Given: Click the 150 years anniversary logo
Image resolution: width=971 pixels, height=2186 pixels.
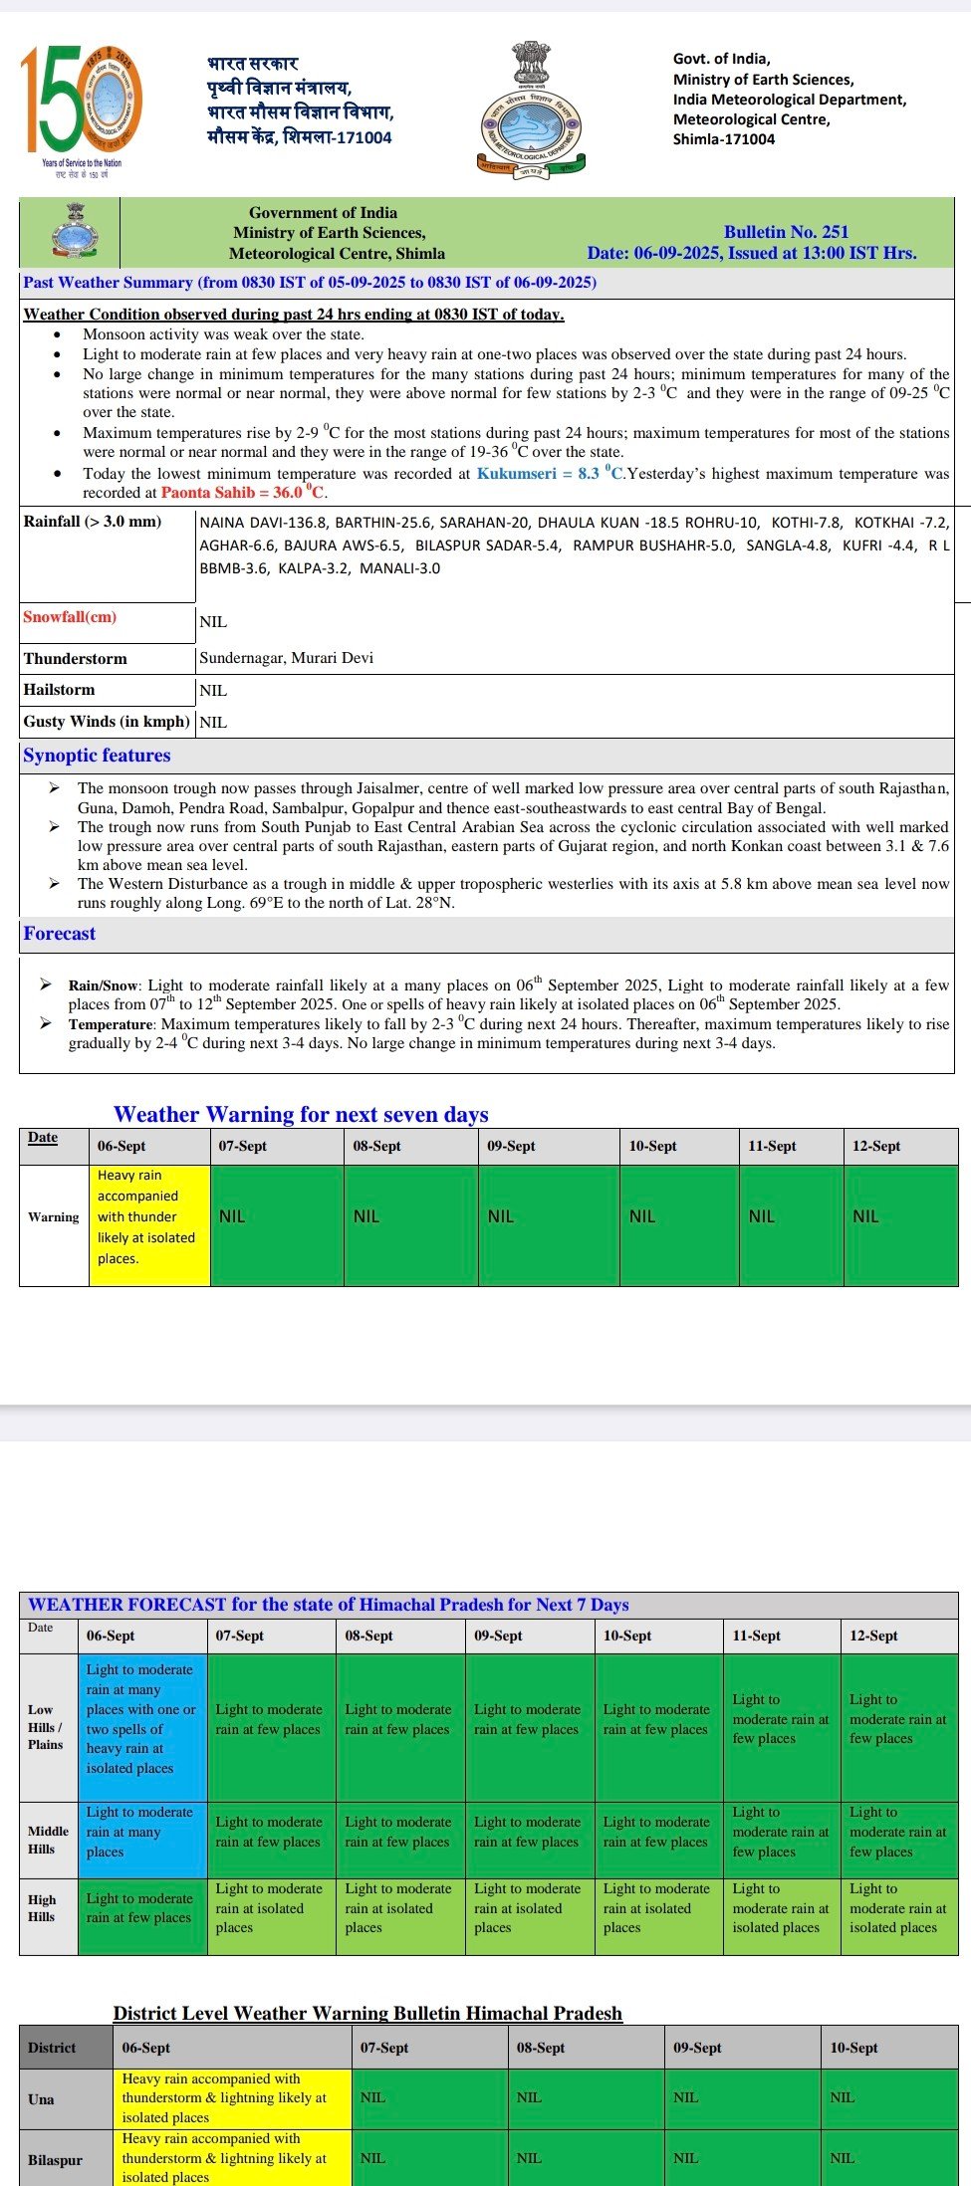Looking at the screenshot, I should click(82, 109).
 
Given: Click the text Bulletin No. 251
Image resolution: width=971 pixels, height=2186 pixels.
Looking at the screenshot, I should click(786, 232).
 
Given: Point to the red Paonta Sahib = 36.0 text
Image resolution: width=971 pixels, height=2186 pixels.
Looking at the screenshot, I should click(243, 493).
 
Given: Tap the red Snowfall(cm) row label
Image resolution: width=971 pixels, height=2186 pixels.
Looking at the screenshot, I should click(70, 617).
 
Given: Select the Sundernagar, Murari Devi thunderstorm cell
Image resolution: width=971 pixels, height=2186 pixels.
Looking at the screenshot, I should click(287, 658).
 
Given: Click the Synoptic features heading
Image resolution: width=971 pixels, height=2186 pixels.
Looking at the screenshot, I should click(97, 756).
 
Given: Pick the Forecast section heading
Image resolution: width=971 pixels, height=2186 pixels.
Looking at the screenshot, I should click(60, 934).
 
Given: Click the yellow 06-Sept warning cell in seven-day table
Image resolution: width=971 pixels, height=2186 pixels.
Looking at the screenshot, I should click(149, 1216).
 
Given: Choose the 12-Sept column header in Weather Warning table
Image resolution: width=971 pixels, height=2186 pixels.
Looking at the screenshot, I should click(876, 1146).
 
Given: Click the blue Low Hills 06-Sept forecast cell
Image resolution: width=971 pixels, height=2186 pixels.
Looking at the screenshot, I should click(142, 1718).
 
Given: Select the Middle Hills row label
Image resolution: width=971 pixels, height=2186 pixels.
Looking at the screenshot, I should click(48, 1840).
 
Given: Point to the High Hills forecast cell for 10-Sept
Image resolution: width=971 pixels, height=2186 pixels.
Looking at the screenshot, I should click(657, 1908).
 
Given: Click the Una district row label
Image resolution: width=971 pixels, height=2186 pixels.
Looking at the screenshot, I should click(42, 2099).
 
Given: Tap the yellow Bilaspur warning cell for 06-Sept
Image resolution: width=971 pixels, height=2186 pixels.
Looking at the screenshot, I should click(232, 2158).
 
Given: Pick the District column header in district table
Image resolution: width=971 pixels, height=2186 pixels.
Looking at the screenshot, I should click(52, 2048).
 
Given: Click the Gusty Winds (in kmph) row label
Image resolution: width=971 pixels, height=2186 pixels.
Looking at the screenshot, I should click(107, 722).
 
